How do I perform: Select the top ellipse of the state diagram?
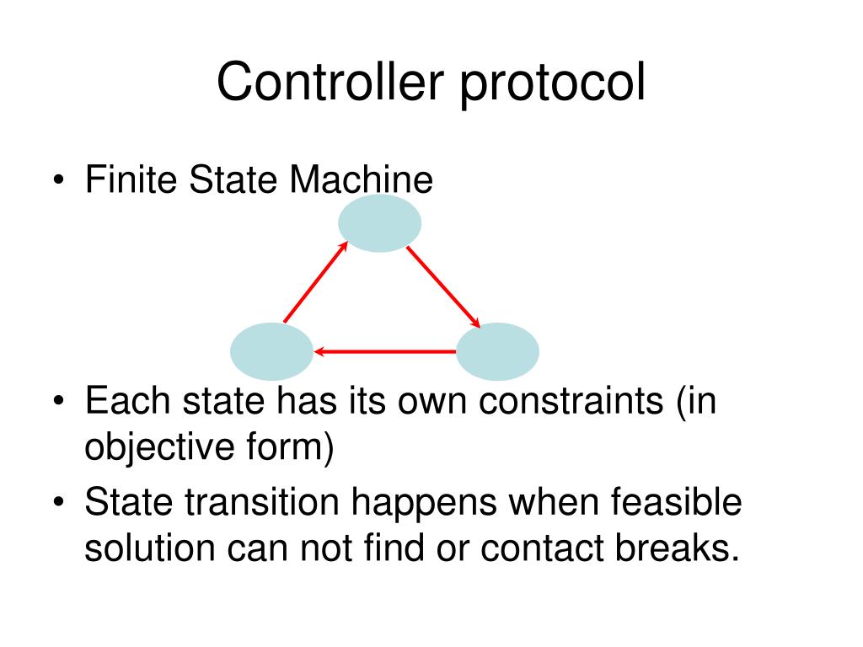(379, 223)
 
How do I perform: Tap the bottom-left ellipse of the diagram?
(271, 351)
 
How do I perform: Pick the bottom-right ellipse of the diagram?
(497, 351)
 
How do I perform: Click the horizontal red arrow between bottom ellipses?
(384, 350)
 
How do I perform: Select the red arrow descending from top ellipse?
(443, 287)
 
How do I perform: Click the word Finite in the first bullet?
(131, 180)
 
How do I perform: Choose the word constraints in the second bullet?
(571, 402)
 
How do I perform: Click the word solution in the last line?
(149, 548)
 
